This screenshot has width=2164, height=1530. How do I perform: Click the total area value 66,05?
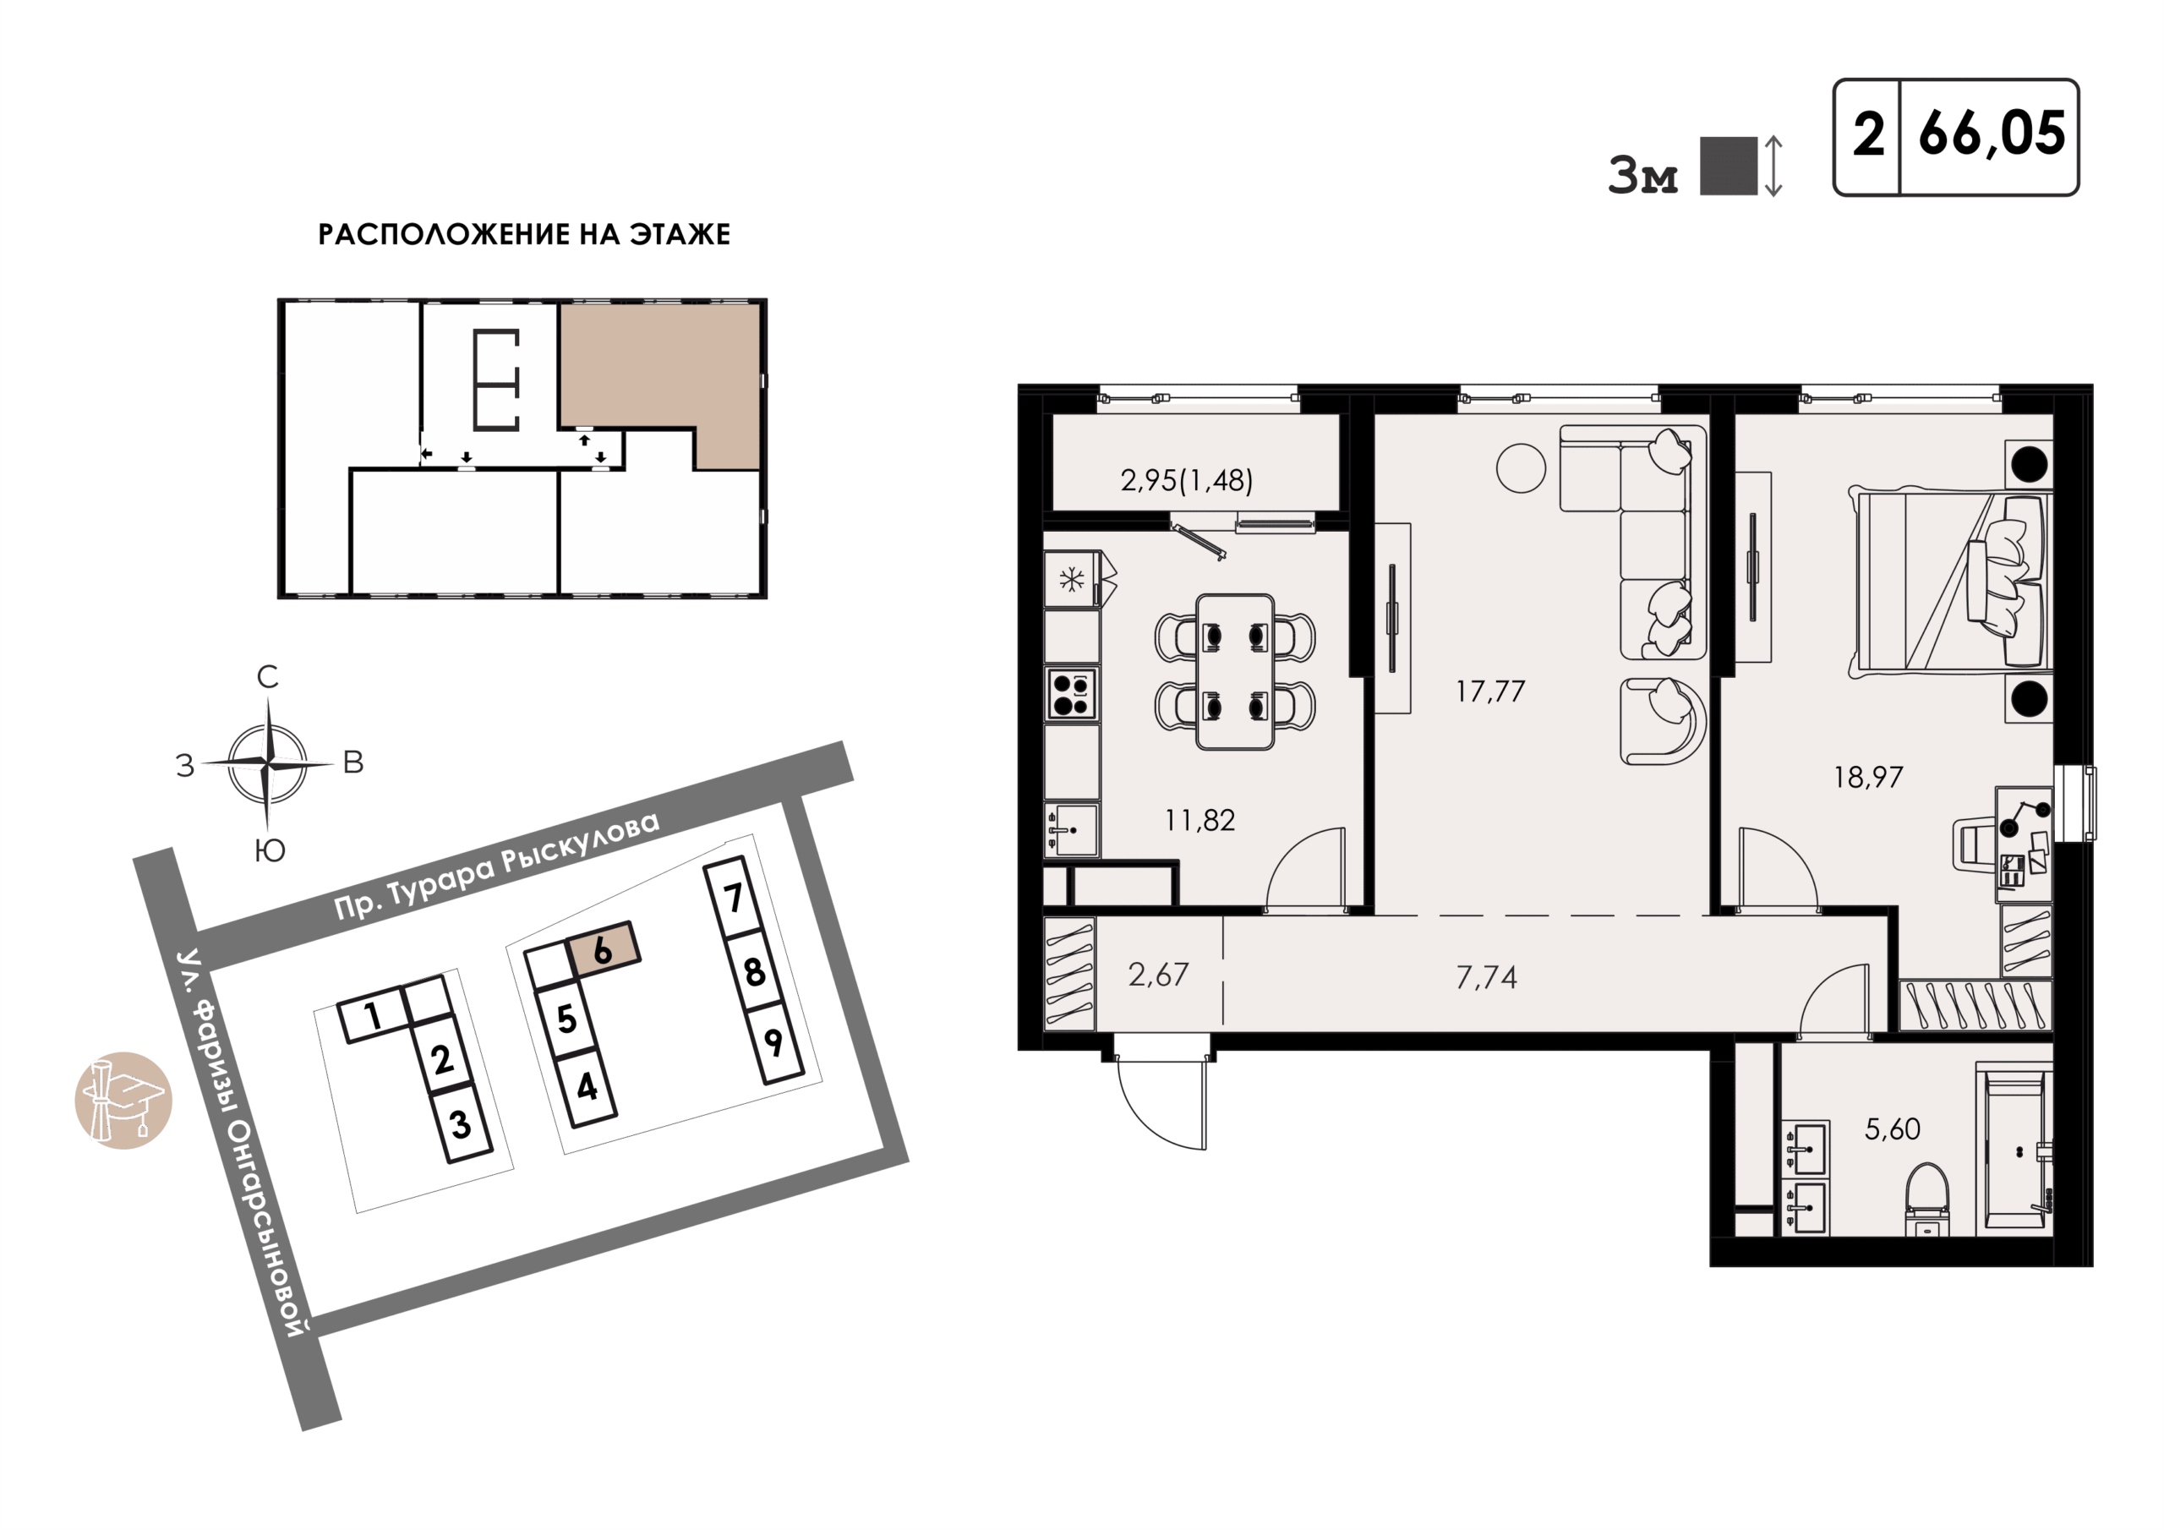pos(1992,134)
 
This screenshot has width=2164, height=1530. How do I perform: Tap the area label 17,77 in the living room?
pos(1490,692)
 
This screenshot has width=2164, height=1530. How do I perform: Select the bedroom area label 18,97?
pos(1868,778)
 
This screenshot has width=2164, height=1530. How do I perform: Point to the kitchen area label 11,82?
pos(1199,820)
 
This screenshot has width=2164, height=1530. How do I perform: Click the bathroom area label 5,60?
pos(1893,1129)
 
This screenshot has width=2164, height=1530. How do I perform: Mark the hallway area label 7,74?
pos(1486,977)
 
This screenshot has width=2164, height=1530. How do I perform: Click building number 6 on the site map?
pos(602,950)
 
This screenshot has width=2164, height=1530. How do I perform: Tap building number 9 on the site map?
pos(773,1042)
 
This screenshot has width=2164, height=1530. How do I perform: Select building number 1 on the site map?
pos(374,1015)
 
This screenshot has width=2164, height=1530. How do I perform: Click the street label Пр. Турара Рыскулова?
pos(498,866)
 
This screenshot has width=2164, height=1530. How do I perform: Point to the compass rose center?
pos(269,762)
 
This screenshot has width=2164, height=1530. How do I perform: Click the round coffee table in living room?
pos(1520,467)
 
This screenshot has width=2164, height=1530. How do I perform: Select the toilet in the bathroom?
pos(1926,1198)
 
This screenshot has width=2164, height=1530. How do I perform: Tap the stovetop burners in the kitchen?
pos(1071,694)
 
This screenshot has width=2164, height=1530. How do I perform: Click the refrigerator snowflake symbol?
pos(1072,579)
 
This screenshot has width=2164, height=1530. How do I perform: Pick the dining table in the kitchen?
pos(1235,672)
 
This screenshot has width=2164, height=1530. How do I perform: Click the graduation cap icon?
pos(123,1100)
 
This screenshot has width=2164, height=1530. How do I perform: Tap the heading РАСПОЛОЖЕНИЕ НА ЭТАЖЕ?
pos(524,234)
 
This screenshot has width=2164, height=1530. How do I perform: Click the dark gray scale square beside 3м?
pos(1729,166)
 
